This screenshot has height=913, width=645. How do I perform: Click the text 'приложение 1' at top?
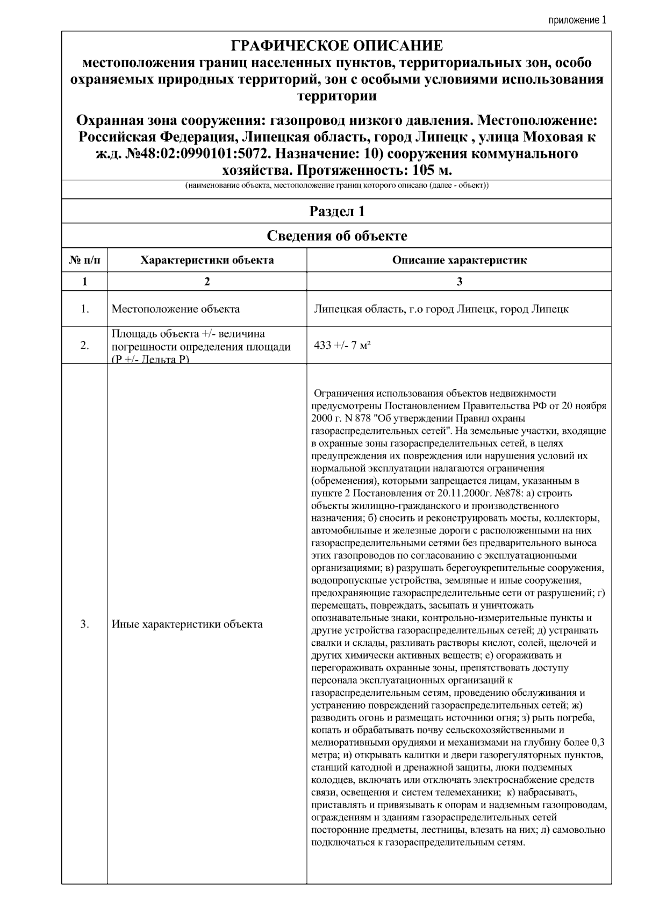[577, 20]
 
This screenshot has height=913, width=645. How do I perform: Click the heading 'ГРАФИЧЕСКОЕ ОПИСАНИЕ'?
[336, 46]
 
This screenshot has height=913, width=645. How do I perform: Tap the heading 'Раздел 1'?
[336, 211]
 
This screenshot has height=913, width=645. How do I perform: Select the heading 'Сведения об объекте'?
[336, 236]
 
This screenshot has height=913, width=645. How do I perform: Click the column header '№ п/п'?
[84, 260]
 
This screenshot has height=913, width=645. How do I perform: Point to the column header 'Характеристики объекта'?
[207, 260]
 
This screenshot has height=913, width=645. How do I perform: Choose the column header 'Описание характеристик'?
[459, 260]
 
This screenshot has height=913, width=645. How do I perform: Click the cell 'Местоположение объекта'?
[176, 309]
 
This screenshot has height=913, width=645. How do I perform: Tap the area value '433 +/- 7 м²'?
[342, 345]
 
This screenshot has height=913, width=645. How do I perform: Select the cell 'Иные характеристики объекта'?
[187, 624]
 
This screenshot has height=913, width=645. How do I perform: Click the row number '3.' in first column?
[84, 624]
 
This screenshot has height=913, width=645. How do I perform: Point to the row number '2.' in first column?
[84, 345]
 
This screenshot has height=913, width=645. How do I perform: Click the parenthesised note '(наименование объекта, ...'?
[336, 186]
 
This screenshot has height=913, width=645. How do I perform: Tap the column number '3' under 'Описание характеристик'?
[459, 281]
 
